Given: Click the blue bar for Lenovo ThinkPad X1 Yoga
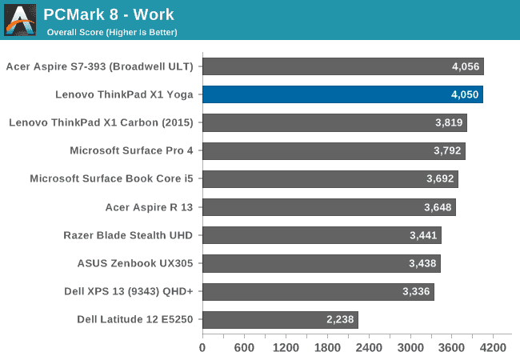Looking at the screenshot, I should (x=342, y=94).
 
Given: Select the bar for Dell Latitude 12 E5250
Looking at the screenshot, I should (x=279, y=320).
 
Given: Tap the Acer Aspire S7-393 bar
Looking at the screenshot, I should (x=342, y=66).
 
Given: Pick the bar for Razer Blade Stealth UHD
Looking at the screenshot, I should (x=321, y=235).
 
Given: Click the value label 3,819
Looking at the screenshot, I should (x=449, y=123).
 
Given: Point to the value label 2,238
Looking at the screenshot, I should (x=340, y=320).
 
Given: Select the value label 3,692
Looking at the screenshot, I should (x=440, y=179).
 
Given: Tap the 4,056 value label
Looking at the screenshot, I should (x=465, y=66).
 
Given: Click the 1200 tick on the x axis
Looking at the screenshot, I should (x=285, y=348).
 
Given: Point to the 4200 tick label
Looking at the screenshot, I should (x=494, y=348).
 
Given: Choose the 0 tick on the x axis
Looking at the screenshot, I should (x=202, y=348).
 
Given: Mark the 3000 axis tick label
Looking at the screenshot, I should (x=410, y=348).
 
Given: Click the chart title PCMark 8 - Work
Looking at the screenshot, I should (x=109, y=14).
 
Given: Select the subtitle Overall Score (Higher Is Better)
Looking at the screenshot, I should (x=112, y=32).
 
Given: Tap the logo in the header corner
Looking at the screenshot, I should (x=20, y=20).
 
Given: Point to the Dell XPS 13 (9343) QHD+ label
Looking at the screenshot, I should (x=129, y=291).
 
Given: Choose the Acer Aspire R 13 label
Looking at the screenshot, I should (x=150, y=207).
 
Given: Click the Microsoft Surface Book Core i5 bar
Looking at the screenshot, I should (x=330, y=179).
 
